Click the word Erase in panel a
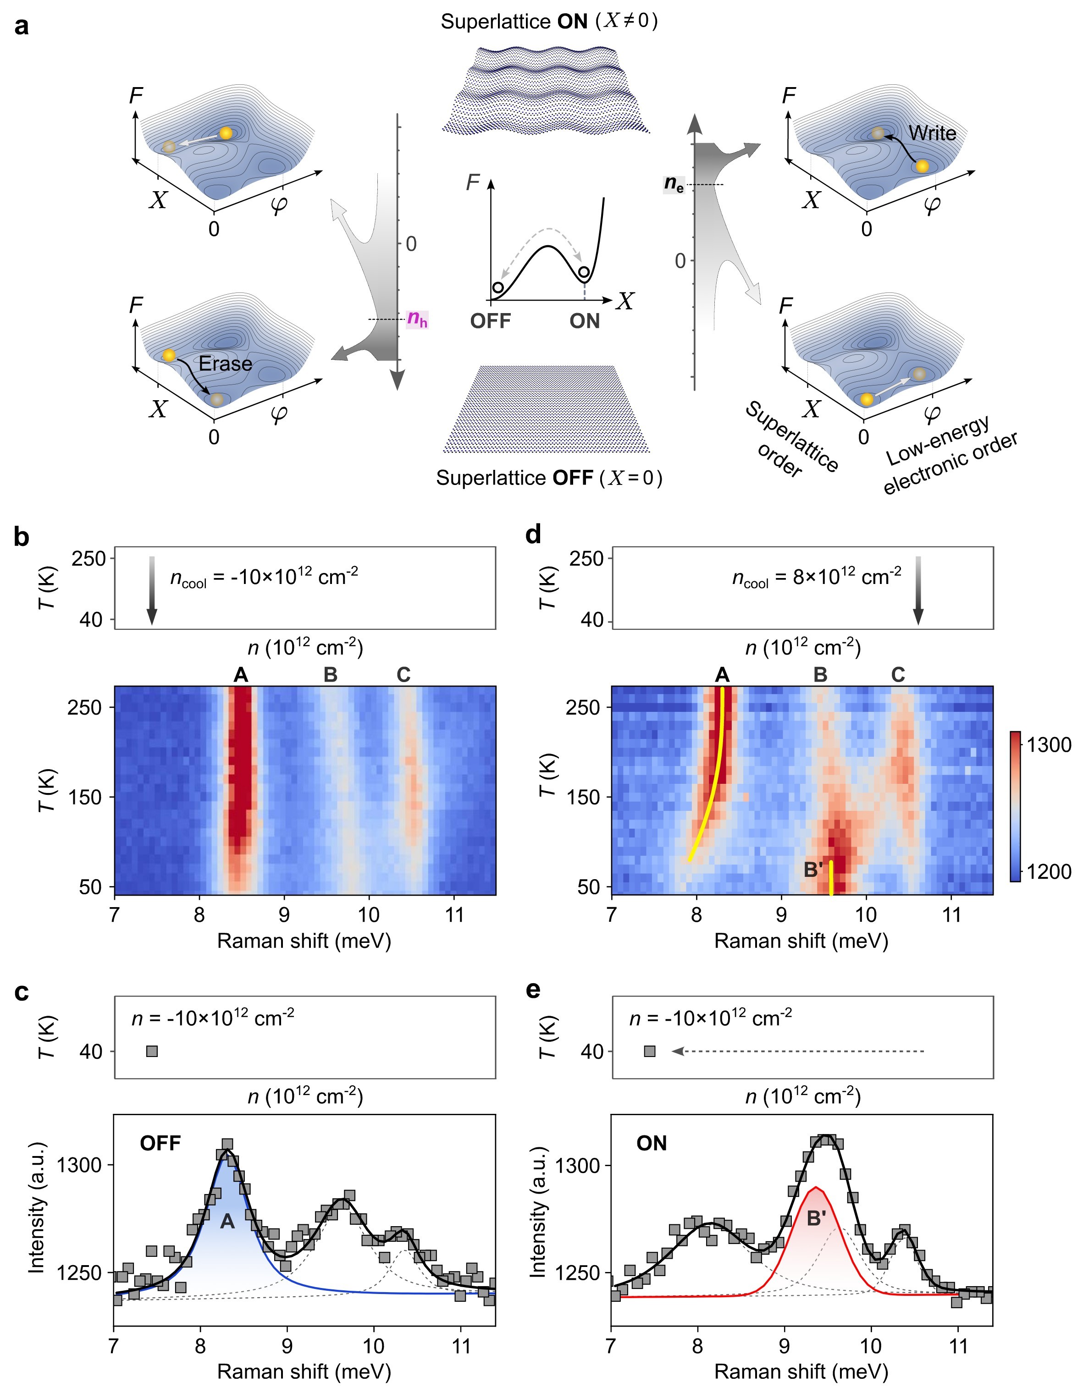(225, 363)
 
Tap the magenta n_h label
(417, 318)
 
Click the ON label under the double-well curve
(585, 321)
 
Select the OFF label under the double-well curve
(490, 321)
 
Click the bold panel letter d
(533, 534)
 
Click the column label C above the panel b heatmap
(403, 674)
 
